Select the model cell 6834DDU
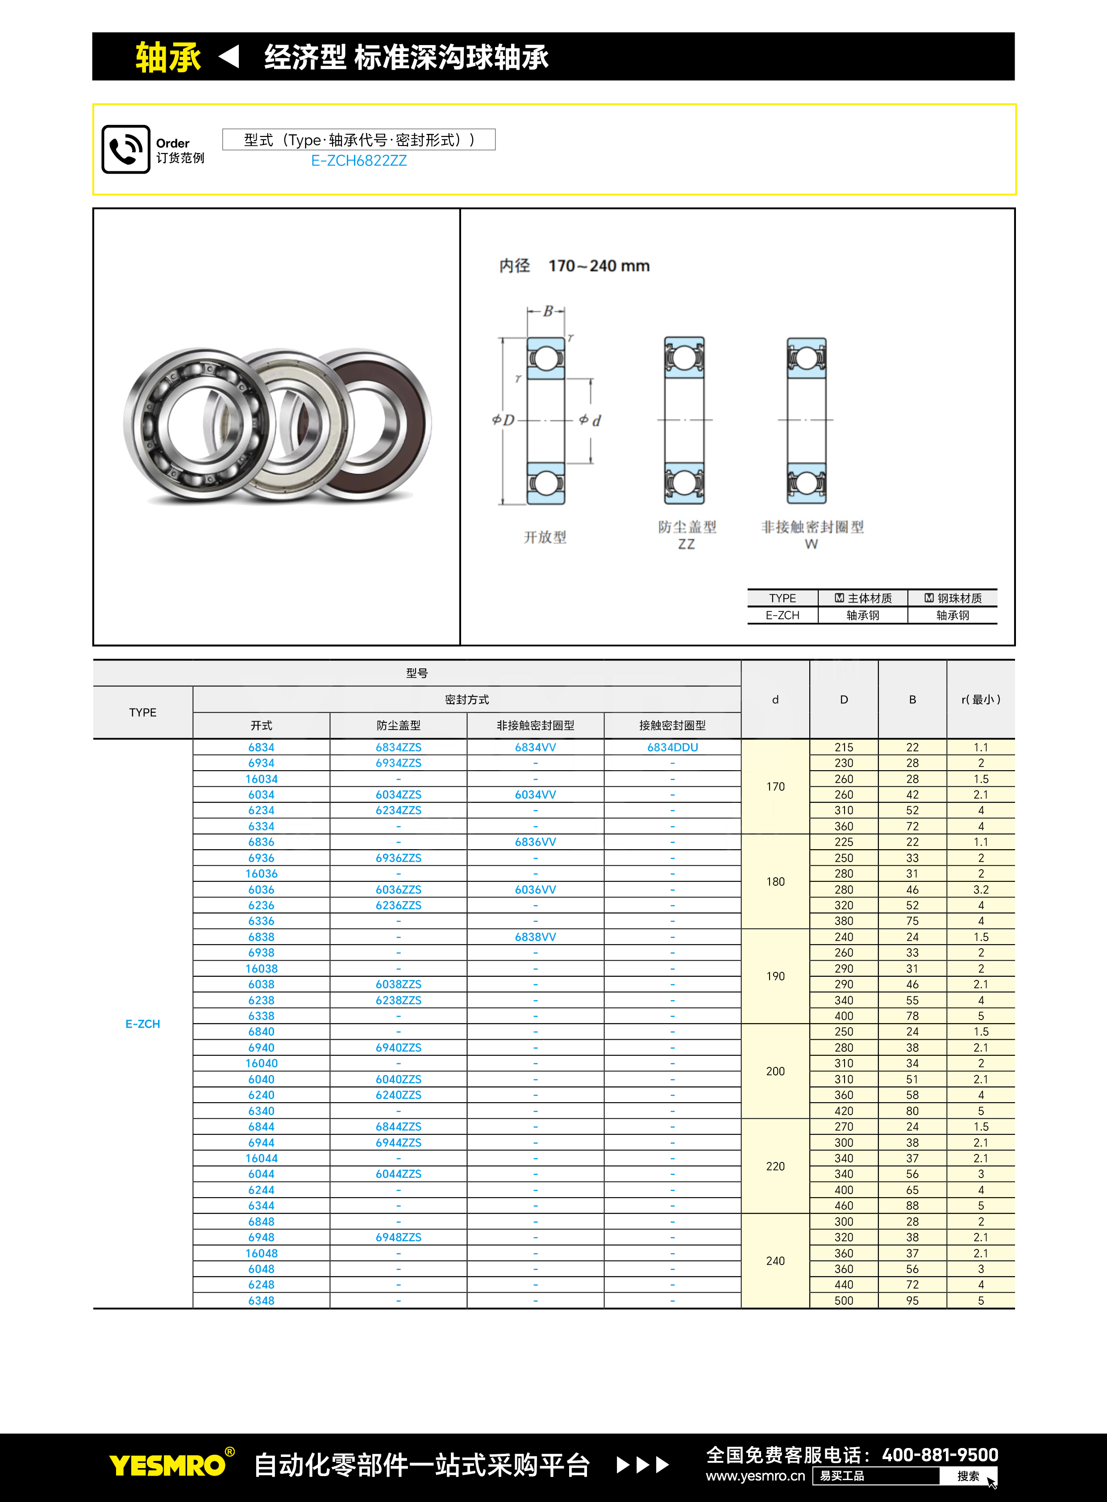pos(672,747)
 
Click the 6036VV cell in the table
pos(535,890)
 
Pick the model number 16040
pos(261,1063)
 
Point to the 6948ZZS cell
pos(398,1237)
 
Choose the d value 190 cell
pos(775,976)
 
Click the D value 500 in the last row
pos(844,1300)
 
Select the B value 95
pos(912,1300)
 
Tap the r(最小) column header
pos(980,699)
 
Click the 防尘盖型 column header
pos(398,726)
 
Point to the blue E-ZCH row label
pos(143,1024)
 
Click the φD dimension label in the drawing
pos(504,420)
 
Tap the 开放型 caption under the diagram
pos(545,537)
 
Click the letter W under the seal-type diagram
pos(811,544)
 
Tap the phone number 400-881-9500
pos(940,1455)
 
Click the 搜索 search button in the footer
pos(968,1476)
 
